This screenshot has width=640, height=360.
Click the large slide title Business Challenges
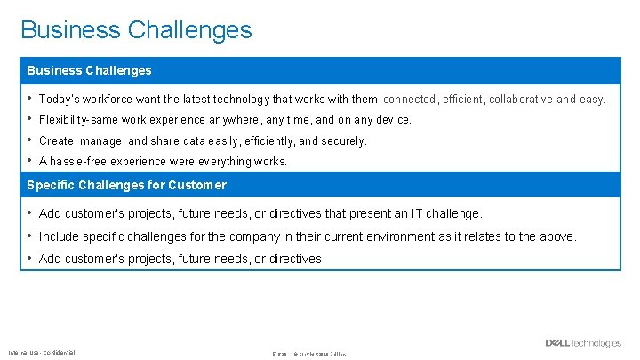tap(136, 30)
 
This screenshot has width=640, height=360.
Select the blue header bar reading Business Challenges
tap(320, 70)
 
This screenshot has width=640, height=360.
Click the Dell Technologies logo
tap(583, 343)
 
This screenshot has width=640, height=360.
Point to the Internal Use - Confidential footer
tap(42, 352)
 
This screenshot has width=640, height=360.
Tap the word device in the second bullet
tap(390, 120)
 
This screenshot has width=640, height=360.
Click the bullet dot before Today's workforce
tap(29, 99)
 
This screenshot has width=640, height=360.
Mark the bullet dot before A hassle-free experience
tap(29, 161)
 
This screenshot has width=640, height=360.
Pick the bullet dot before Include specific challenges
tap(29, 236)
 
